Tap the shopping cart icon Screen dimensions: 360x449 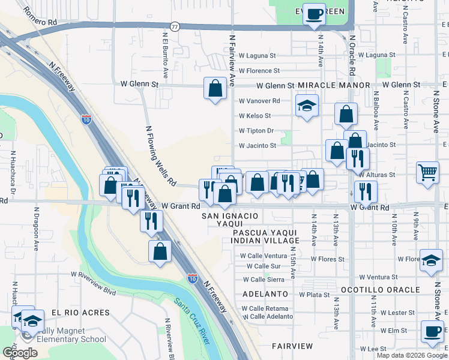(428, 173)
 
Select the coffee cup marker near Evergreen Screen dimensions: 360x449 (313, 14)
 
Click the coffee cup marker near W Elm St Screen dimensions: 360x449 (432, 331)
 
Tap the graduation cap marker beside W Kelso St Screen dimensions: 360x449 (307, 107)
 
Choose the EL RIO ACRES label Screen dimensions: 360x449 (80, 313)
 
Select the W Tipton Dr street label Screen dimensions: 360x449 (256, 131)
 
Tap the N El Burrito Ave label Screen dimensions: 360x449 (163, 52)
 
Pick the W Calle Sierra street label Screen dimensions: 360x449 (264, 279)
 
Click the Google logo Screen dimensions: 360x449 (19, 353)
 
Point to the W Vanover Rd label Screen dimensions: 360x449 (259, 101)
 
